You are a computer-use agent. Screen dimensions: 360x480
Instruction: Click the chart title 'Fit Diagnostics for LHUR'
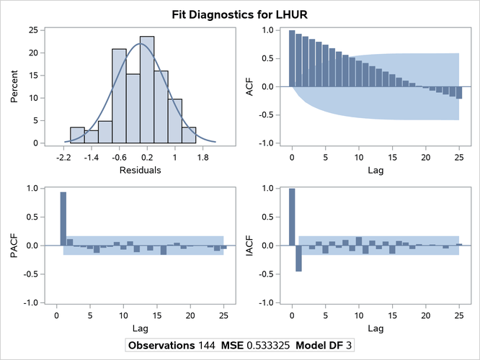239,14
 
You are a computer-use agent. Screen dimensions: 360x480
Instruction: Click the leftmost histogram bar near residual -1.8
77,135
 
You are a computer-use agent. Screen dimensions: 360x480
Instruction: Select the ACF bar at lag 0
292,58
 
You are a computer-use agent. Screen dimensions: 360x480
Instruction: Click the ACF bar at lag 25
458,93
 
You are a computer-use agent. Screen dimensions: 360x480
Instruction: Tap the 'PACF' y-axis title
12,246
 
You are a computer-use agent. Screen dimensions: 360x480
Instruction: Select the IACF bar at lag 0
292,217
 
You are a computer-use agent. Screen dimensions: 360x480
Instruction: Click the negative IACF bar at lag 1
298,258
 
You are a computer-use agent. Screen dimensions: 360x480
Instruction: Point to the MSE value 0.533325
279,345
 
